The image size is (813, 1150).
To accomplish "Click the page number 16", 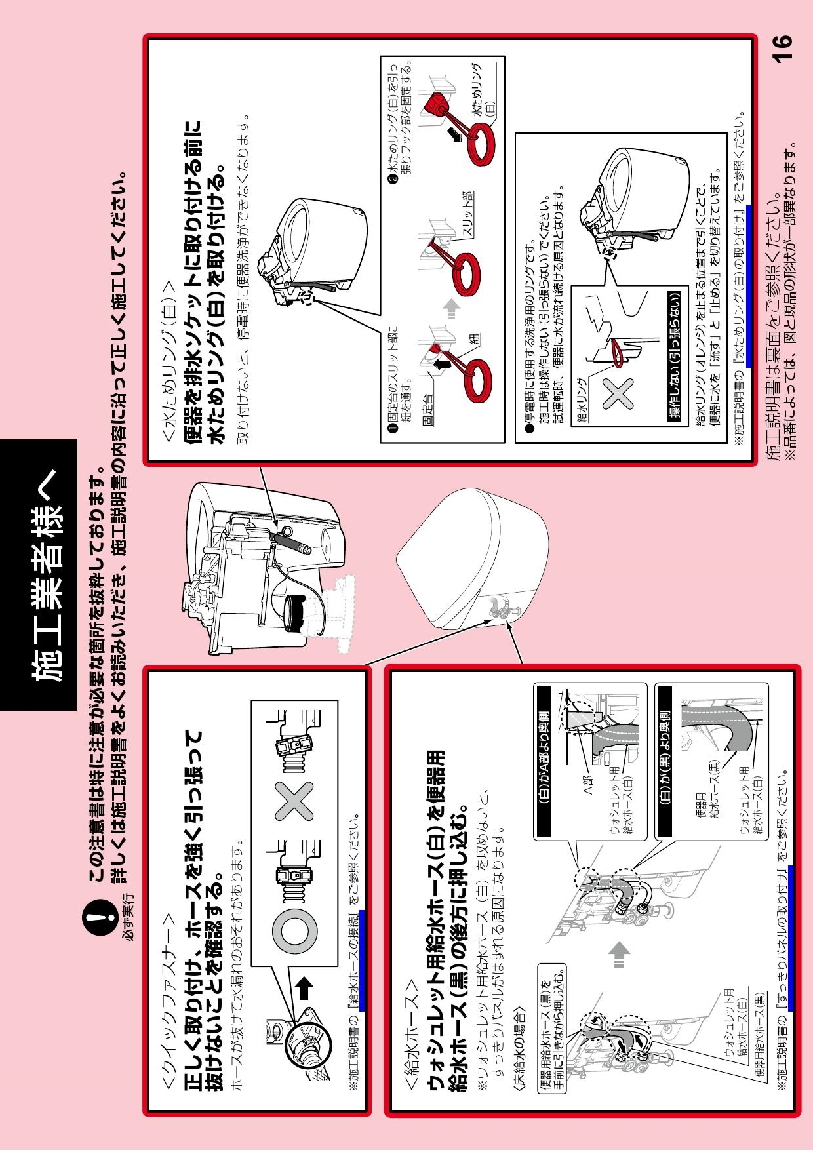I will coord(782,49).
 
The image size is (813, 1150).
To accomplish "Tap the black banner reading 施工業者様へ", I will coord(39,575).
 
